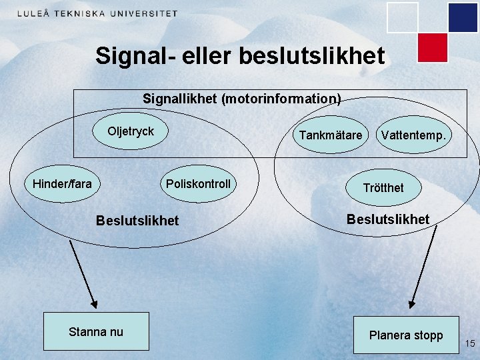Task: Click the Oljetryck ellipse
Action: pyautogui.click(x=131, y=131)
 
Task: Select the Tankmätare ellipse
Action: pyautogui.click(x=330, y=135)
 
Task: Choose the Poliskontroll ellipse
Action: pyautogui.click(x=198, y=184)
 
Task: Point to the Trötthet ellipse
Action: pyautogui.click(x=383, y=188)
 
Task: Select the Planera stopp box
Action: pyautogui.click(x=406, y=335)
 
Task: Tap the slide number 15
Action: pyautogui.click(x=470, y=344)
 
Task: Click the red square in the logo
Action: pyautogui.click(x=432, y=47)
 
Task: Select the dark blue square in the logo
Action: pyautogui.click(x=463, y=17)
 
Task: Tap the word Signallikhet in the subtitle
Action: pyautogui.click(x=180, y=99)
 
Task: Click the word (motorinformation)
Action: pyautogui.click(x=281, y=99)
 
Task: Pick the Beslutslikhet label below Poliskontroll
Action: pyautogui.click(x=137, y=220)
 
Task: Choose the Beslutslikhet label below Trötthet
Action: pyautogui.click(x=388, y=219)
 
